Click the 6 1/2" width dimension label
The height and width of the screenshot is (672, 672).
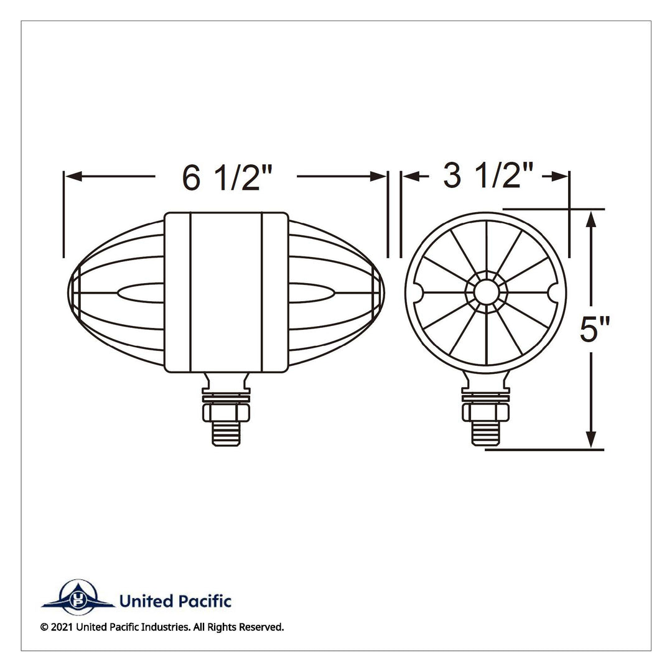click(x=228, y=177)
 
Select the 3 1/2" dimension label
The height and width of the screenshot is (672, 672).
click(x=488, y=175)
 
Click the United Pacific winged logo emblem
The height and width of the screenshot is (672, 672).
click(x=78, y=597)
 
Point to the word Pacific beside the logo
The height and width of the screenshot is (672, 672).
click(x=205, y=601)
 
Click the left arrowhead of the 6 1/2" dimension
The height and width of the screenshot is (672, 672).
click(x=73, y=176)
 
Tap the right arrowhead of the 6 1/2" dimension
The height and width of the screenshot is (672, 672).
click(x=378, y=176)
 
